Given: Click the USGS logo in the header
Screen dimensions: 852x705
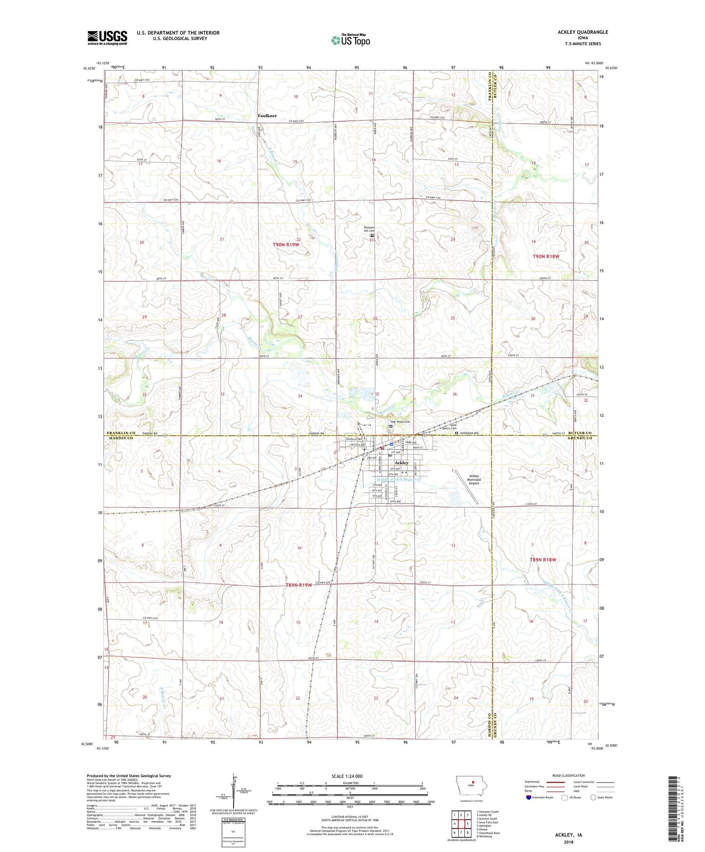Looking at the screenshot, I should click(107, 38).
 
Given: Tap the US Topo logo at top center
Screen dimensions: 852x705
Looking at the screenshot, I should click(351, 40).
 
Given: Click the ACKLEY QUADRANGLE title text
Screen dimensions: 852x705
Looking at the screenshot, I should click(584, 32).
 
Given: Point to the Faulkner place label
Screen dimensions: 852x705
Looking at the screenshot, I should click(267, 116).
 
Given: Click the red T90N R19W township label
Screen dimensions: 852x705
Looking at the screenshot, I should click(286, 245).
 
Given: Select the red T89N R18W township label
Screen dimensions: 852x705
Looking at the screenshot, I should click(543, 560).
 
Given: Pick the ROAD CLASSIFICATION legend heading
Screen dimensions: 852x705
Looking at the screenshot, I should click(569, 776).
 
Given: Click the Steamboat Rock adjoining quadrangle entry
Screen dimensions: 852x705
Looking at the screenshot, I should click(488, 833).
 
